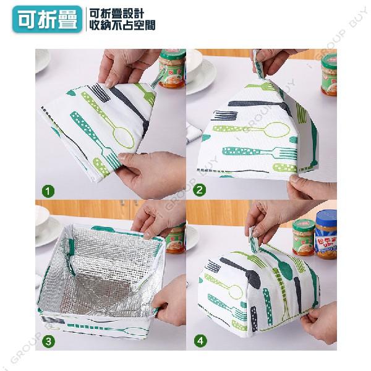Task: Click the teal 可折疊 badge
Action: [48, 19]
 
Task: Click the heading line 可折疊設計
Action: [117, 14]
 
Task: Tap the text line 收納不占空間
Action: [122, 25]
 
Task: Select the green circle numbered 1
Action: [48, 191]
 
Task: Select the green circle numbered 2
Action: [199, 190]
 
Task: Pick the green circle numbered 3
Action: [48, 341]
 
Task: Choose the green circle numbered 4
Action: [200, 341]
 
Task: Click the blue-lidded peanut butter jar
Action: [326, 235]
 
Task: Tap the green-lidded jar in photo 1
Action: [172, 69]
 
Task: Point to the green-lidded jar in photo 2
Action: [329, 74]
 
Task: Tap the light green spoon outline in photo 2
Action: [251, 129]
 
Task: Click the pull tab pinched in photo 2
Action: [258, 64]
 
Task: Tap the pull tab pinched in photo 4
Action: [254, 239]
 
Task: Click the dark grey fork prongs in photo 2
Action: [225, 115]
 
